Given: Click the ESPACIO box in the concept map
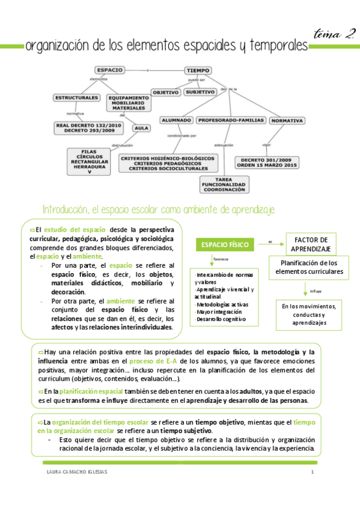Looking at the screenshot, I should [110, 70].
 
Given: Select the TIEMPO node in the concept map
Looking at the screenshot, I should [198, 70].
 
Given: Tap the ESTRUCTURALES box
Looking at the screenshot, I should [76, 97].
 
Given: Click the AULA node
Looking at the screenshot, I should [142, 128].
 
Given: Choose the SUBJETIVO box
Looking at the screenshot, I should [200, 92].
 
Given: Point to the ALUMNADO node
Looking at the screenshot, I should [176, 120].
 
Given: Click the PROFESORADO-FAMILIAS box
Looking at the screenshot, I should [231, 120].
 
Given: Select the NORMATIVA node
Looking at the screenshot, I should [287, 120].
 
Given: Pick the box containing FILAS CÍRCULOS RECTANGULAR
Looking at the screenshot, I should [89, 161].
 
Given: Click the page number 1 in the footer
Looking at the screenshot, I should [313, 472].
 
